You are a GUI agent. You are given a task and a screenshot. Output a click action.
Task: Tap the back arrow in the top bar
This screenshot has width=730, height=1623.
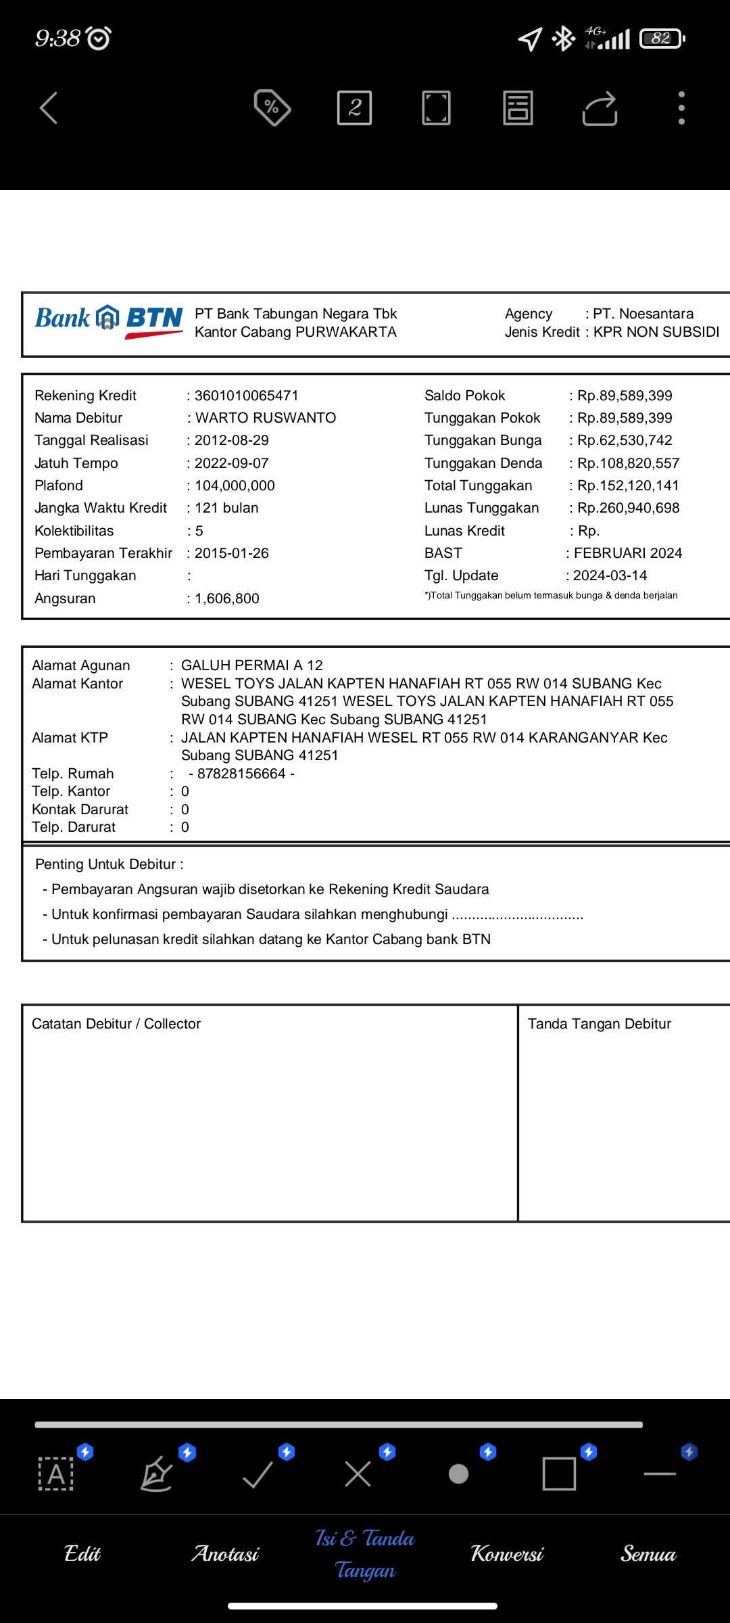pos(49,108)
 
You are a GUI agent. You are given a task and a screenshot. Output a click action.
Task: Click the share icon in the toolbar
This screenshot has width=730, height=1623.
pos(600,108)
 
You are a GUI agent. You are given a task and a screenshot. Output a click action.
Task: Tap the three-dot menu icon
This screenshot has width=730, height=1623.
pos(681,108)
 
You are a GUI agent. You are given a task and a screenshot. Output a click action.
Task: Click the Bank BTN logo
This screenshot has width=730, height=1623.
pos(109,320)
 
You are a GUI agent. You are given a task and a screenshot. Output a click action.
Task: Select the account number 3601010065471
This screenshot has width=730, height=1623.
pos(246,396)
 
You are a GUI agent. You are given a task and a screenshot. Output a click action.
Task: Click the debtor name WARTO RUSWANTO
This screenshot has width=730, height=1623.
pos(265,418)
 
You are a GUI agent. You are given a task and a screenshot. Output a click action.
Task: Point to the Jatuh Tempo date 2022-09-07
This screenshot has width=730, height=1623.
pos(231,463)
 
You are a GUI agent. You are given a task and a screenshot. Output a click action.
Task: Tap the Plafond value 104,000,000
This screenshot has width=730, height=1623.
pos(235,486)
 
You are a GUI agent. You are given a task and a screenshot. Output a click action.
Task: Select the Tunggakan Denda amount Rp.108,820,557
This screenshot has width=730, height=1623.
pos(628,463)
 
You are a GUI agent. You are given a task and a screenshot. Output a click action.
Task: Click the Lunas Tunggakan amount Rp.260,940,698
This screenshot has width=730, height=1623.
pos(628,508)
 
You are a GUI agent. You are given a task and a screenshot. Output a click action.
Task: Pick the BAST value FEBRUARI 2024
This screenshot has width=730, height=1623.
pos(628,553)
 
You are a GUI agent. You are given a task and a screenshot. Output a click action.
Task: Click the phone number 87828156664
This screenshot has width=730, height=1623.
pos(241,774)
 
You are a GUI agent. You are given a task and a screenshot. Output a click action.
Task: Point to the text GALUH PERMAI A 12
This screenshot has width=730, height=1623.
pos(252,665)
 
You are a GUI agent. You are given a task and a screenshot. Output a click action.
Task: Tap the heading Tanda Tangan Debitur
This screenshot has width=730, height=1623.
pos(600,1024)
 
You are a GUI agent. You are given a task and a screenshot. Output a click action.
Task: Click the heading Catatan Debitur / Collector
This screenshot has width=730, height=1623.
pos(116,1024)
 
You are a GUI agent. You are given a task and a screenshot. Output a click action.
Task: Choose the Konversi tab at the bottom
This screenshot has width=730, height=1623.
pos(507,1554)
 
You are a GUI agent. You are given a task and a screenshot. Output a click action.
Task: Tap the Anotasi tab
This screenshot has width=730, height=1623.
pos(225,1554)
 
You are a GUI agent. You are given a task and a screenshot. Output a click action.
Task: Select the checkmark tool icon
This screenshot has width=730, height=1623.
pos(258,1474)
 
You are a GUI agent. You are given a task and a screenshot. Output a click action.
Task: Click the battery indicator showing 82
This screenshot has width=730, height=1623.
pos(662,39)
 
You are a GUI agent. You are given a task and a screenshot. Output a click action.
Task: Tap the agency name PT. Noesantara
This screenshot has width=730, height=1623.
pos(643,314)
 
